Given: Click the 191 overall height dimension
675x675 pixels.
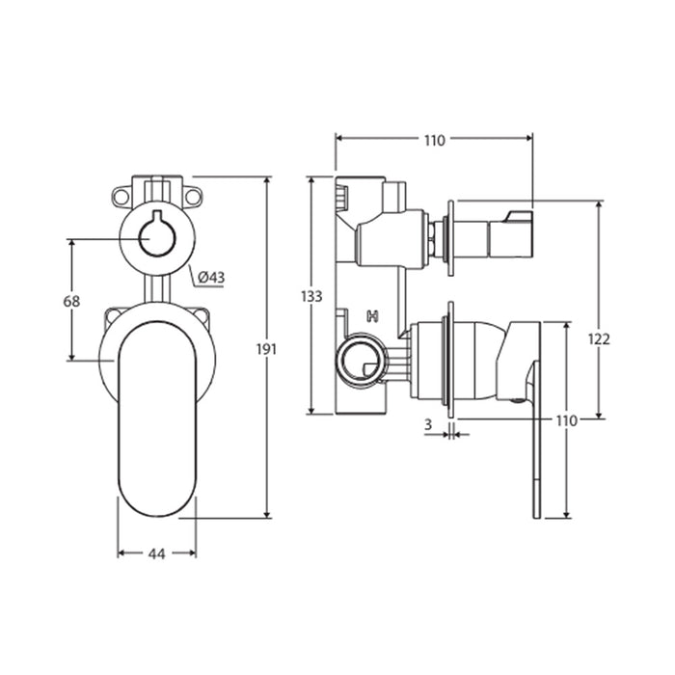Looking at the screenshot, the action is pyautogui.click(x=266, y=349).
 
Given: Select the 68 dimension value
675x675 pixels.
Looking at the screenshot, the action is pyautogui.click(x=71, y=301).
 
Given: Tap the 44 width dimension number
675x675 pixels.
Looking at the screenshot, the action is pyautogui.click(x=156, y=554).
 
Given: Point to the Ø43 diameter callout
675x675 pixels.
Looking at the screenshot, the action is pyautogui.click(x=211, y=278).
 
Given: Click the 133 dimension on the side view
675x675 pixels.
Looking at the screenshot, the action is pyautogui.click(x=311, y=297).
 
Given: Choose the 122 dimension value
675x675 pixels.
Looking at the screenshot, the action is pyautogui.click(x=599, y=339).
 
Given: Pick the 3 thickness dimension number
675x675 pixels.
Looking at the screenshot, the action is pyautogui.click(x=428, y=425).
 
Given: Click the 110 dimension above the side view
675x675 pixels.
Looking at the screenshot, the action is pyautogui.click(x=434, y=141).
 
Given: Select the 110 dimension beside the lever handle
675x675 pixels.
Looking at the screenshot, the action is pyautogui.click(x=566, y=420).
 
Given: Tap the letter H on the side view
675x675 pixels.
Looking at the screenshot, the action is pyautogui.click(x=372, y=317).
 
